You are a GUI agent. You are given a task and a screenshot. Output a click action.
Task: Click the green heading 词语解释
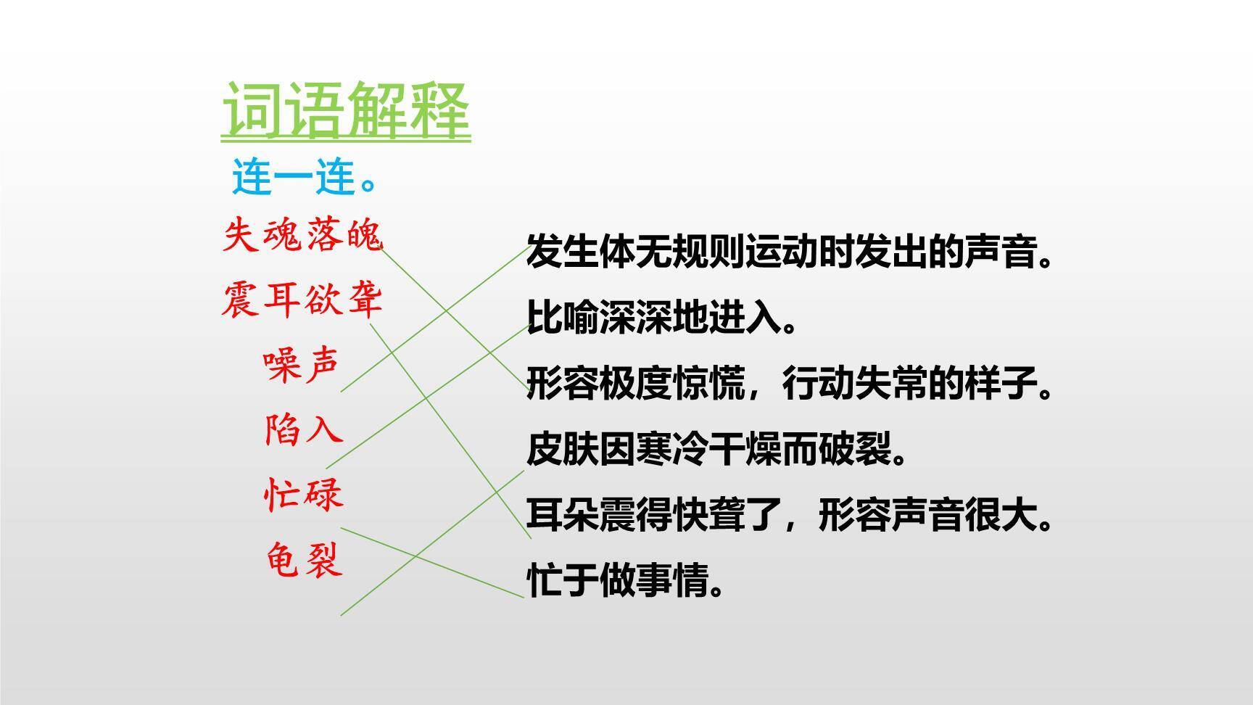[345, 110]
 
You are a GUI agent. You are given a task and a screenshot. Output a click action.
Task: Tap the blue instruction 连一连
[305, 178]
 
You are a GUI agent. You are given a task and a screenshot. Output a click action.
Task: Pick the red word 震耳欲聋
[302, 300]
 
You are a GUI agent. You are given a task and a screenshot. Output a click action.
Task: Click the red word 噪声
[302, 364]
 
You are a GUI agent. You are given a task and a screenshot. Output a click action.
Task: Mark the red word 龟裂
[303, 560]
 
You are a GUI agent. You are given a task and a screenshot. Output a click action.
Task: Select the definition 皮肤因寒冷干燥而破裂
[716, 450]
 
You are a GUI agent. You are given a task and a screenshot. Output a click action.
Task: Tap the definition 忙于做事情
[625, 581]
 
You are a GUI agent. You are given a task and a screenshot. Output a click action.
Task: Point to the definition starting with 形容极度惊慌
[789, 384]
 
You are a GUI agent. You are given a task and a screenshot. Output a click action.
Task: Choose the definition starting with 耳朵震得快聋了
[789, 516]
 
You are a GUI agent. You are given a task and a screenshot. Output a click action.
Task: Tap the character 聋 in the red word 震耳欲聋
[364, 300]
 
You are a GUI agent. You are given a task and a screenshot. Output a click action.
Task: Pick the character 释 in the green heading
[440, 110]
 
